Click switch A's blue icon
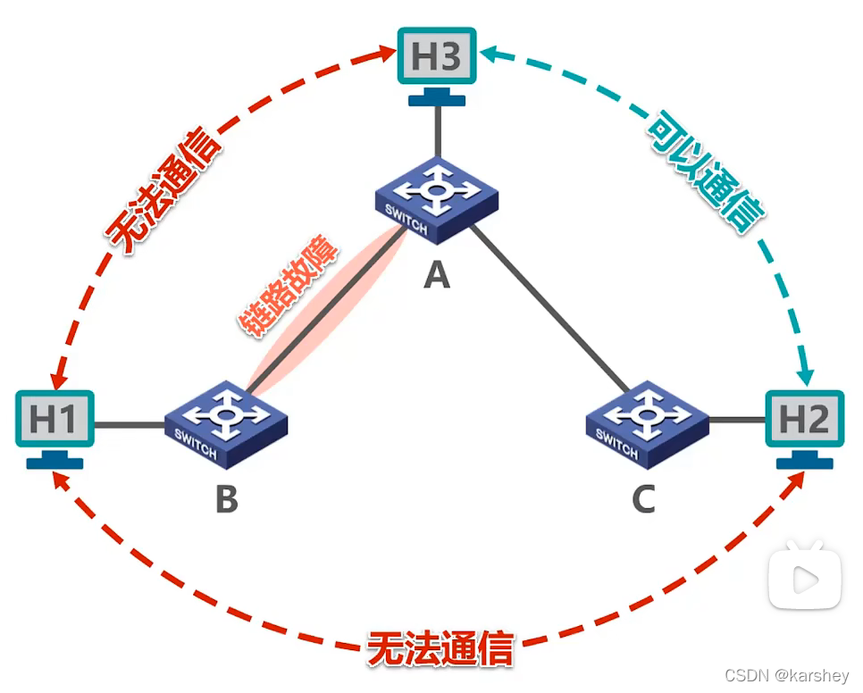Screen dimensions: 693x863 click(x=437, y=200)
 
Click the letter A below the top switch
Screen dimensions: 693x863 click(x=436, y=275)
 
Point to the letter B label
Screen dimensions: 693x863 click(x=227, y=499)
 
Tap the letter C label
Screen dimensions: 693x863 click(x=644, y=499)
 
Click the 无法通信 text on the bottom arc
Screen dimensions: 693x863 click(x=440, y=649)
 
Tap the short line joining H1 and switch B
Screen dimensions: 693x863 click(x=130, y=425)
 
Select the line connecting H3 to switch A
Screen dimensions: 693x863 click(x=437, y=132)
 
